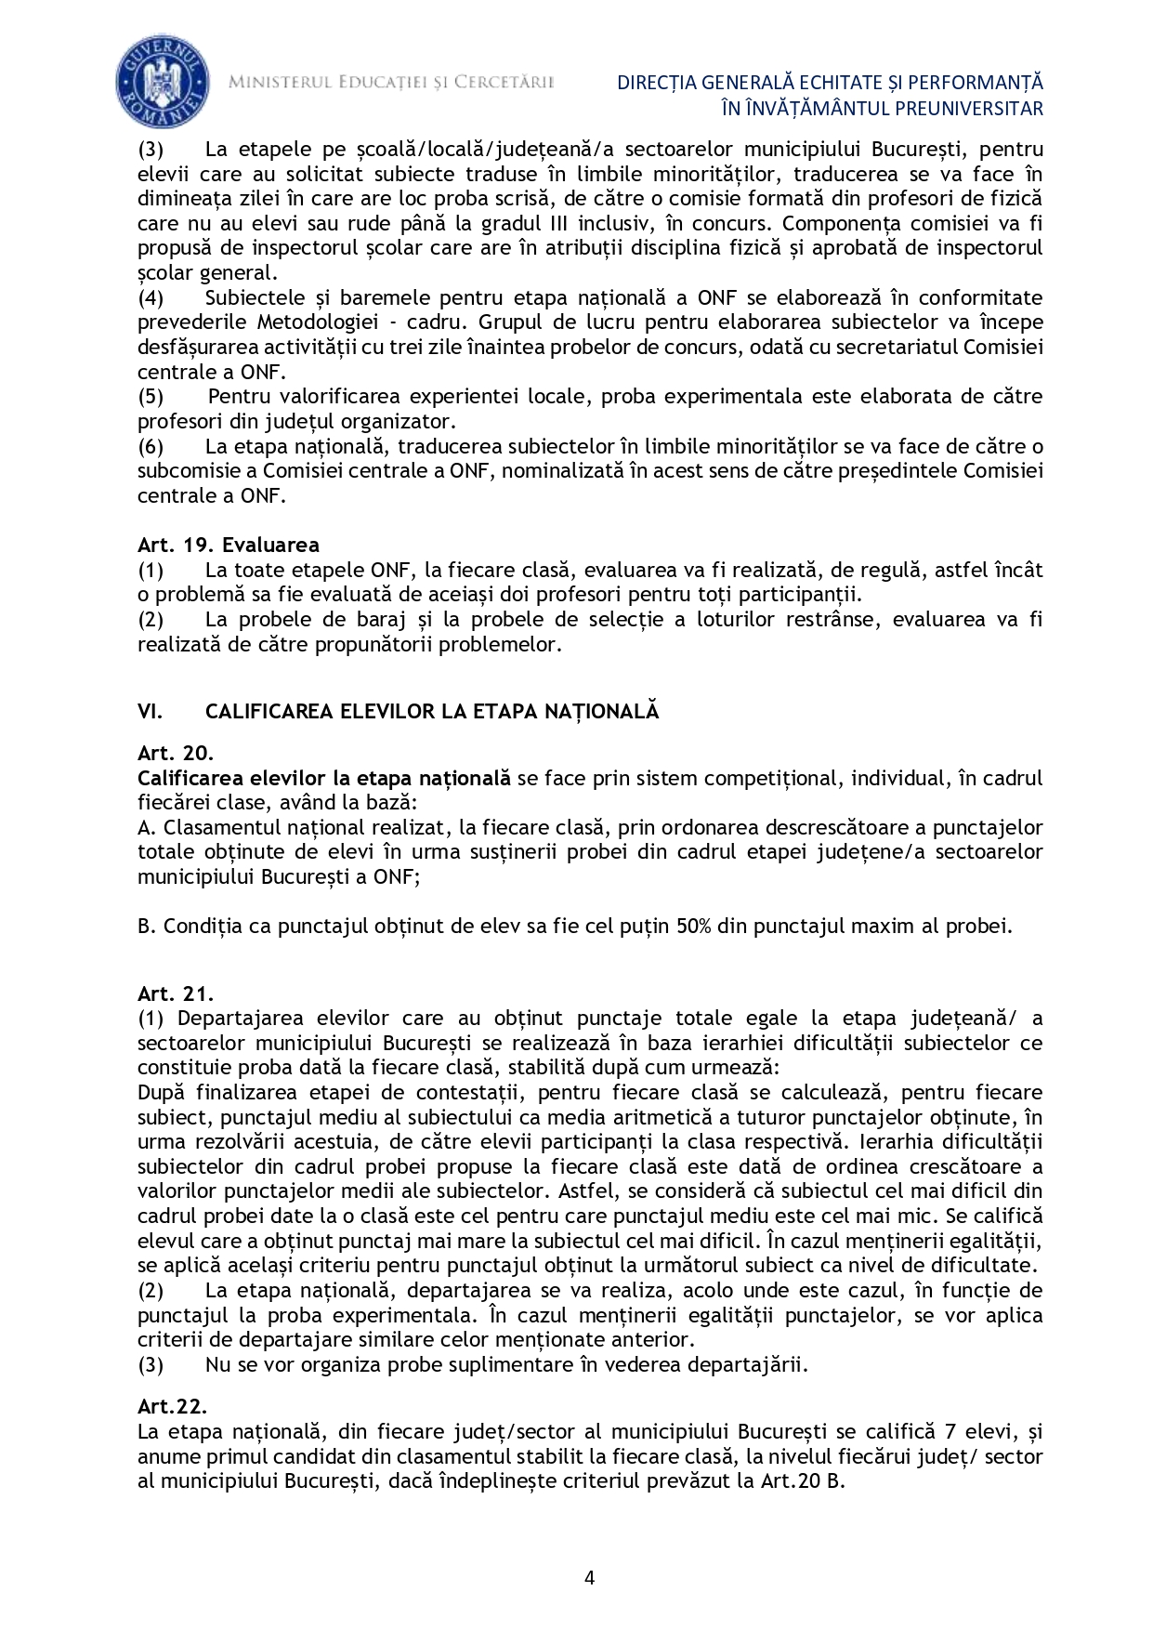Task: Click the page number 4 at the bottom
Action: coord(589,1577)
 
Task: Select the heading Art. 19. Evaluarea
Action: coord(229,545)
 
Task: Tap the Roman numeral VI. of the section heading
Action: coord(151,711)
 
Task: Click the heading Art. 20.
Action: coord(176,754)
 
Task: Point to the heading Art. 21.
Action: coord(176,993)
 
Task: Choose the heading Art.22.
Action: coord(172,1407)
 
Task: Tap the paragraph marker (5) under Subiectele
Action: coord(151,397)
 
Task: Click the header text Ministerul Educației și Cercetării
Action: coord(391,82)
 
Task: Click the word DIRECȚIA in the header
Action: coord(657,83)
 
